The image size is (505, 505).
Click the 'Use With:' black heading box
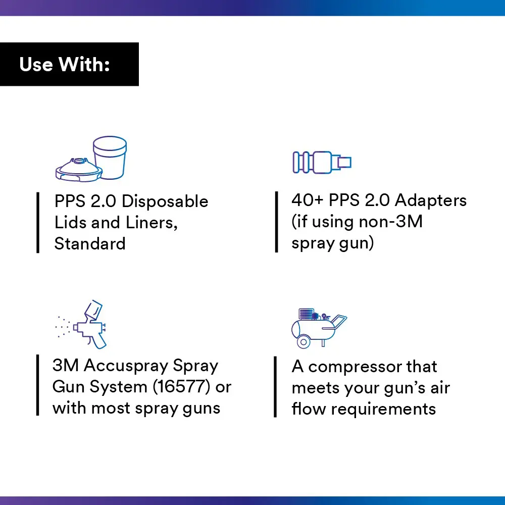click(x=69, y=64)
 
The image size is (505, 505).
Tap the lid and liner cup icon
click(x=91, y=159)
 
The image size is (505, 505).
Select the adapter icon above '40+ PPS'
click(x=322, y=162)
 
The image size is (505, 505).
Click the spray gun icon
click(x=81, y=324)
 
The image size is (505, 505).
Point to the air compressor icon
click(x=319, y=328)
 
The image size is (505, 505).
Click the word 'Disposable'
click(x=165, y=201)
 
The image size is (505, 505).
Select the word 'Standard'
click(x=90, y=243)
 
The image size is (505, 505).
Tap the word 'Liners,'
click(x=151, y=223)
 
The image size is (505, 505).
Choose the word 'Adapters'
click(x=431, y=201)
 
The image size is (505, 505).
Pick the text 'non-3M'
click(x=390, y=222)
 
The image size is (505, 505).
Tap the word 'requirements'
click(x=383, y=410)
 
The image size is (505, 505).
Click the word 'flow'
click(x=309, y=409)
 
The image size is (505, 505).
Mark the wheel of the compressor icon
click(x=304, y=342)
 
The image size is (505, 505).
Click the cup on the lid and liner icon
click(x=110, y=157)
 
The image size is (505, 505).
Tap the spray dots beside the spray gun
click(x=63, y=327)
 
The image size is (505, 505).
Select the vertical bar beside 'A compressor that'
click(x=275, y=387)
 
